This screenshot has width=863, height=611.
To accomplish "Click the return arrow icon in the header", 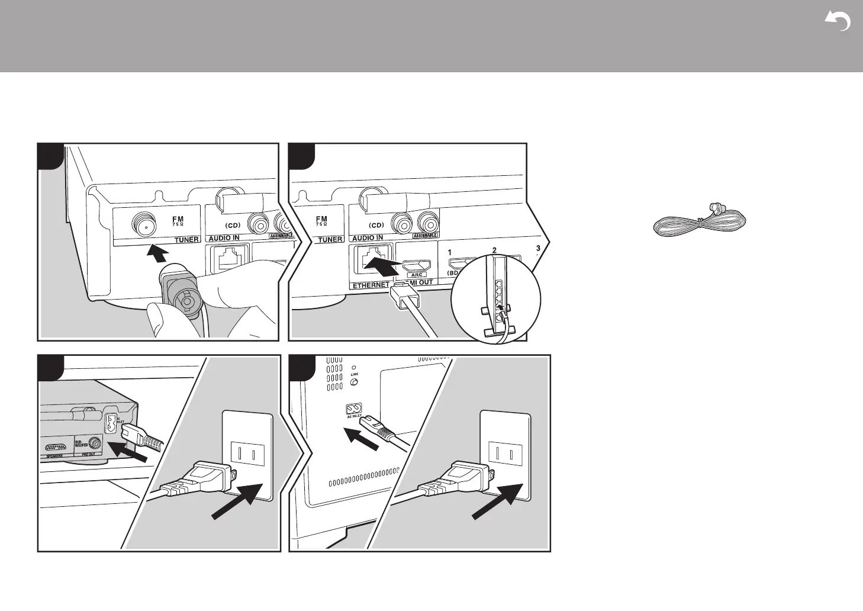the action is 838,22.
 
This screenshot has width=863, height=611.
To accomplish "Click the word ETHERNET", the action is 371,285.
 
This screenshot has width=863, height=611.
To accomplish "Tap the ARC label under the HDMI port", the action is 417,275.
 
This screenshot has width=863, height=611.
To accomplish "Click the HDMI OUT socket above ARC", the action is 416,265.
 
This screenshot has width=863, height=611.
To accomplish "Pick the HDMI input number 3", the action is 537,247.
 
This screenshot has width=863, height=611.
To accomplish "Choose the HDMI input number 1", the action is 449,252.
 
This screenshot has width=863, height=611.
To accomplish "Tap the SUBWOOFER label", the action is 81,443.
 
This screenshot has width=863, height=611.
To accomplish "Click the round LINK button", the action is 353,382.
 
